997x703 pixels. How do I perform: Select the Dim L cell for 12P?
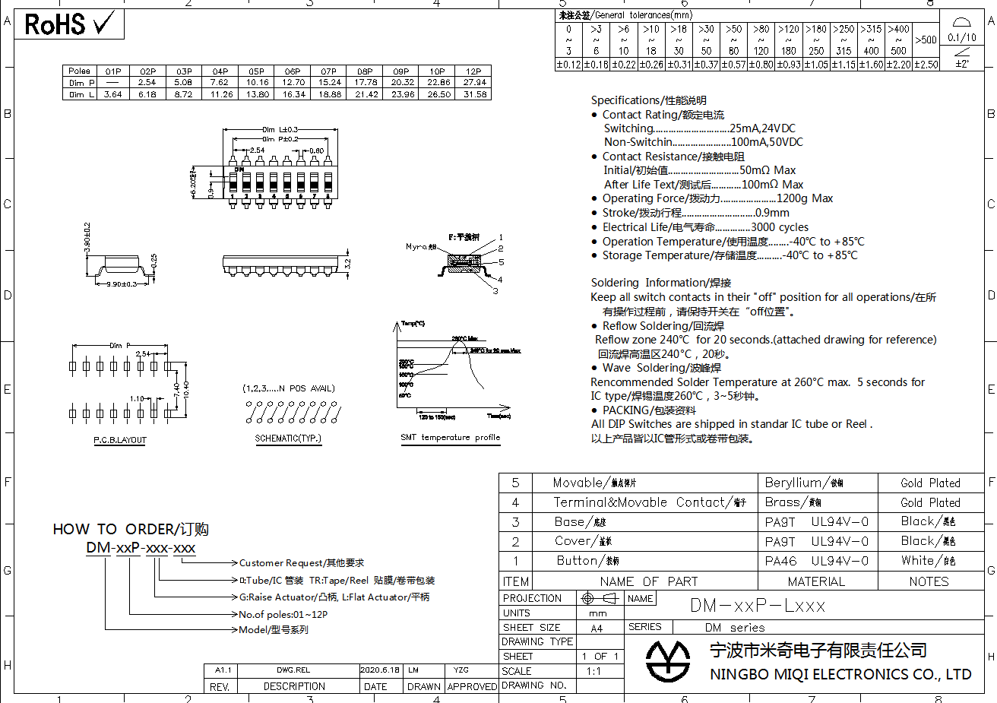point(475,94)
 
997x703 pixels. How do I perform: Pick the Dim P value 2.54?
point(147,83)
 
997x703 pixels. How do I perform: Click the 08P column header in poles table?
point(366,71)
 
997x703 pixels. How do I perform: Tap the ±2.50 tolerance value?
point(926,65)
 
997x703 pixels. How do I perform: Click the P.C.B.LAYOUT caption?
point(120,440)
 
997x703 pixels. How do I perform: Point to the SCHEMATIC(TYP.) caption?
point(288,439)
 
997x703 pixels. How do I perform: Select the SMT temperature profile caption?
point(450,438)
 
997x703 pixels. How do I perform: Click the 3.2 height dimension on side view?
point(348,264)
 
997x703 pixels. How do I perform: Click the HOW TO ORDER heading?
point(131,529)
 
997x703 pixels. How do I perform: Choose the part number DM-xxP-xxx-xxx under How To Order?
point(141,548)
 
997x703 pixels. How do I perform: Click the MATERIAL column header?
point(816,581)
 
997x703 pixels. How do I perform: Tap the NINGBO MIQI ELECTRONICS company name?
point(840,674)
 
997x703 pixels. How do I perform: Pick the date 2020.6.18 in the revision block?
point(379,670)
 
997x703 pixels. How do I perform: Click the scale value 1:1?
point(594,671)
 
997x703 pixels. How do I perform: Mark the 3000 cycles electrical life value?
point(780,227)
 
